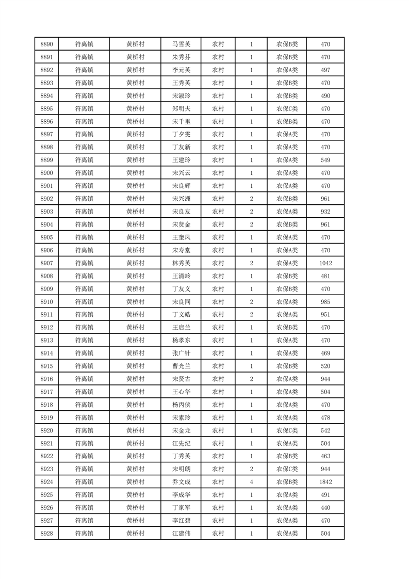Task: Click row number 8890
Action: [46, 44]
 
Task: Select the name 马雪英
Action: [182, 44]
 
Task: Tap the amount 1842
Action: [325, 482]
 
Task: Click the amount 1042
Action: [325, 263]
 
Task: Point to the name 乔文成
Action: [182, 482]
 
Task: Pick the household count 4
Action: [251, 482]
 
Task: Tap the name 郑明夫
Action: [182, 109]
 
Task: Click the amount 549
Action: [325, 160]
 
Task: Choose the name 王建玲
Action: [182, 160]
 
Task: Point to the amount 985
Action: [325, 302]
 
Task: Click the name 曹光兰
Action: [182, 366]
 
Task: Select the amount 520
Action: [325, 366]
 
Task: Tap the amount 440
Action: [325, 508]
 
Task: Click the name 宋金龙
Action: [182, 430]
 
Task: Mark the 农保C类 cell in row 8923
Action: [287, 469]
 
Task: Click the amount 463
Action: [325, 456]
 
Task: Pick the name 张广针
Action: [182, 353]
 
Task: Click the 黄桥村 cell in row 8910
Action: [135, 302]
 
